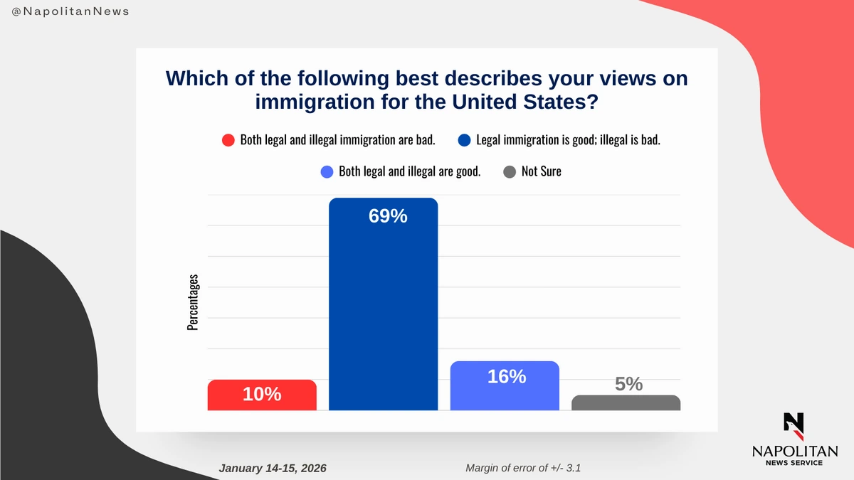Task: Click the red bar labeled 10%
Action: pos(262,395)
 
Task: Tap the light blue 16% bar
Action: pos(505,388)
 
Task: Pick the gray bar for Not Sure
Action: pos(626,402)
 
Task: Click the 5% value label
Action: pos(628,384)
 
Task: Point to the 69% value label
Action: pos(388,216)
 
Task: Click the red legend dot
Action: pos(228,140)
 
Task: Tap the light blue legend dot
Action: pos(327,171)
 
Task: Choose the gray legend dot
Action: pos(510,171)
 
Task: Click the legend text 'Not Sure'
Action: pos(541,171)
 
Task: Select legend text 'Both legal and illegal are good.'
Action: pos(410,171)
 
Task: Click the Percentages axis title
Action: pos(193,302)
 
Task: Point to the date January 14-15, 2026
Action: pos(273,468)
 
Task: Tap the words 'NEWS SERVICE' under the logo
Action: pos(794,463)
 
